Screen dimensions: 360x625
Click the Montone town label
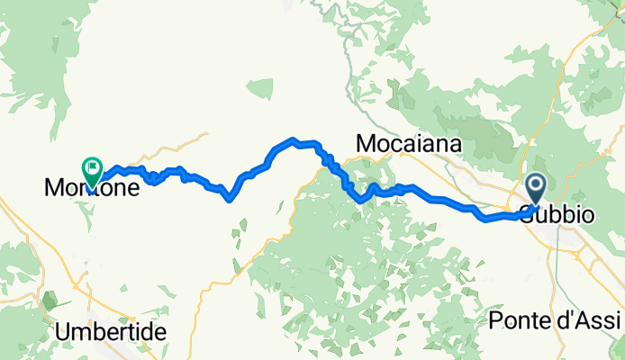click(92, 189)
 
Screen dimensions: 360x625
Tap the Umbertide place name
click(111, 331)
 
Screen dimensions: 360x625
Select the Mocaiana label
click(409, 144)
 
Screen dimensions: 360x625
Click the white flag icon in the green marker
click(93, 166)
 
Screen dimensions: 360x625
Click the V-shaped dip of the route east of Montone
click(231, 199)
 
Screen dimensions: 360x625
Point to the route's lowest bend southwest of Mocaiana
click(360, 202)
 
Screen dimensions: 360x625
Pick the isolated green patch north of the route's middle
click(259, 88)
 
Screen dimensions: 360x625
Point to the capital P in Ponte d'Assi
click(494, 321)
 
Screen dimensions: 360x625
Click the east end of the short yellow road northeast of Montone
click(207, 133)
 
